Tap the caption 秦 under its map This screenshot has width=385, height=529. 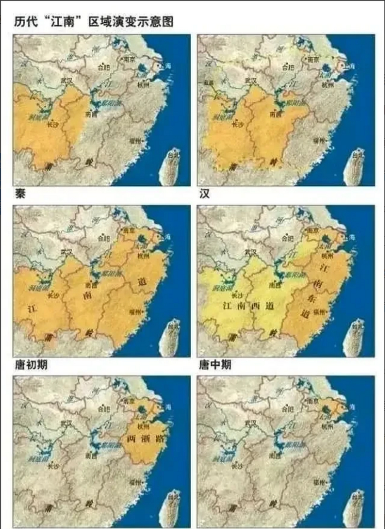[20, 194]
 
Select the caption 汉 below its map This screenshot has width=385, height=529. [204, 194]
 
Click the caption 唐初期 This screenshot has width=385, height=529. [31, 365]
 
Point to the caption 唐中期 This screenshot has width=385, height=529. [215, 365]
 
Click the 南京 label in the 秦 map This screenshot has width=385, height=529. [128, 59]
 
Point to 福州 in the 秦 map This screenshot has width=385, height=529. [135, 141]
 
